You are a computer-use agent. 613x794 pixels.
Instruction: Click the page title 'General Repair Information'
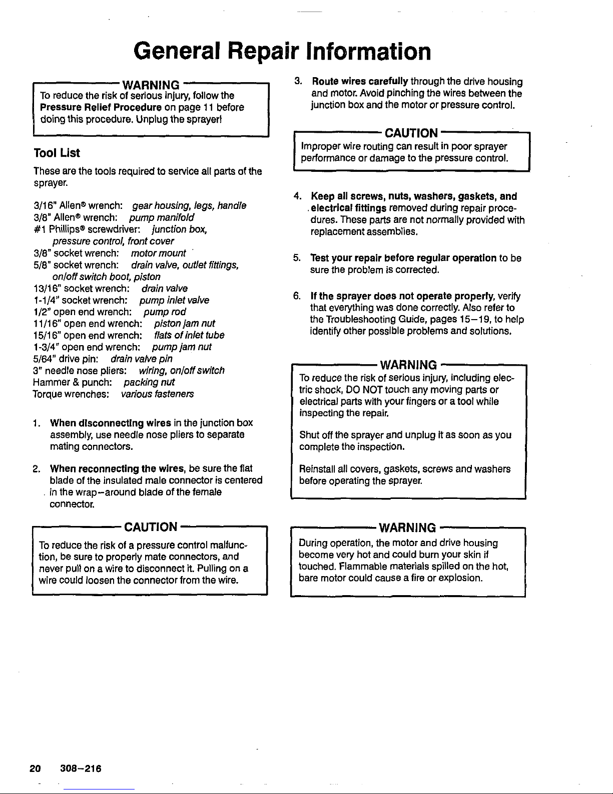pos(281,52)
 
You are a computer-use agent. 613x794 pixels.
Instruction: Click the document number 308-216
pos(80,768)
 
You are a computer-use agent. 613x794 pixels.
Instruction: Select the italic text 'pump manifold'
pos(161,218)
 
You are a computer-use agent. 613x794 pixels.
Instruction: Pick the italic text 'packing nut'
pos(149,382)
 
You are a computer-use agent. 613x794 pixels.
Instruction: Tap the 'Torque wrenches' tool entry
pos(71,394)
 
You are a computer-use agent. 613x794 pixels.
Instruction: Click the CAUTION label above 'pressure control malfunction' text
pos(150,527)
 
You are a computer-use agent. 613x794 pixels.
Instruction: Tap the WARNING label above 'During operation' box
pos(407,528)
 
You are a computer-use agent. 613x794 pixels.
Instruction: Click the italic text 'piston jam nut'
pos(185,324)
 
